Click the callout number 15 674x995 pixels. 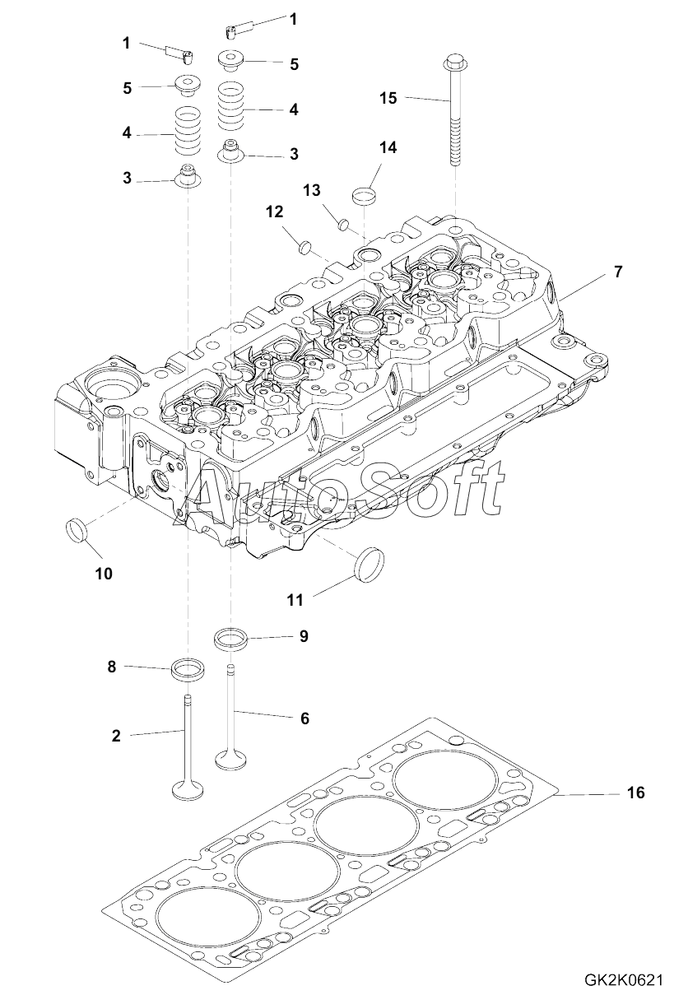point(388,98)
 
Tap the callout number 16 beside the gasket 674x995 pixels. point(635,793)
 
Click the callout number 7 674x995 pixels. point(617,271)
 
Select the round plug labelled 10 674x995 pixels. point(77,529)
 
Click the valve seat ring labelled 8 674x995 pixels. point(188,667)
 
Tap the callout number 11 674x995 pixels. point(295,600)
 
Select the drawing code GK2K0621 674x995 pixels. point(623,979)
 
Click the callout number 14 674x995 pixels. point(388,147)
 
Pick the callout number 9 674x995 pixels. point(303,636)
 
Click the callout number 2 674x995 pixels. point(116,736)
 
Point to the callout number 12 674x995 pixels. point(274,212)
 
